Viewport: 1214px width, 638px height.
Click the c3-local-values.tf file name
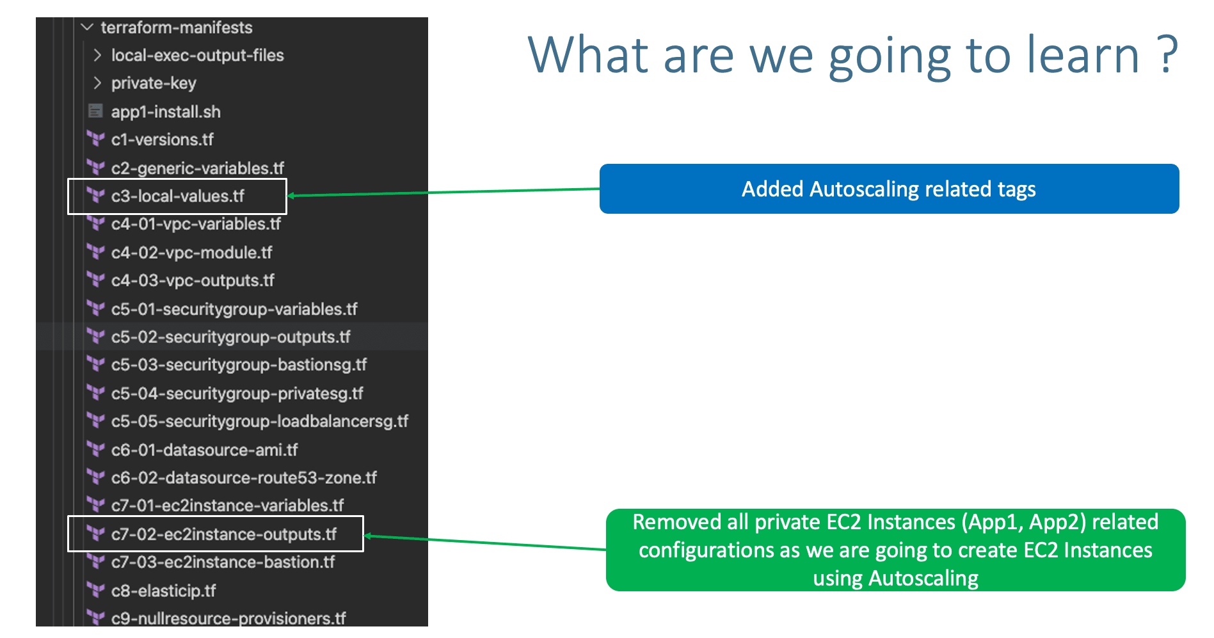click(177, 196)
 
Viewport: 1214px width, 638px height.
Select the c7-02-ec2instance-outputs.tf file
click(223, 534)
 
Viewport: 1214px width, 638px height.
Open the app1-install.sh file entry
click(166, 112)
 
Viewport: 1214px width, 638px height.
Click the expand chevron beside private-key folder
click(97, 83)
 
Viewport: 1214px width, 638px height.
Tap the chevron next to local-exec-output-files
click(97, 56)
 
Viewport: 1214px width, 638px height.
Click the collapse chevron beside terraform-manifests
click(87, 28)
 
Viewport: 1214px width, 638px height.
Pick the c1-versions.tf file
click(162, 140)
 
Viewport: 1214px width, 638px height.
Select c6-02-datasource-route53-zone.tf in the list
click(244, 478)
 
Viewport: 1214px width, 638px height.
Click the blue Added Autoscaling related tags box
click(888, 189)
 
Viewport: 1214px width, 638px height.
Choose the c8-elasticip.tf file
click(163, 591)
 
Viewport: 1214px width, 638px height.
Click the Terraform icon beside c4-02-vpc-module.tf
click(95, 253)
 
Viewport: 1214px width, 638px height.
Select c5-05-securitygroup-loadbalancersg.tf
click(259, 422)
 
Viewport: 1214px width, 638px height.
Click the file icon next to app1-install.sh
click(95, 111)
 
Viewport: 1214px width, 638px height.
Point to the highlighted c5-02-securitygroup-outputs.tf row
click(230, 337)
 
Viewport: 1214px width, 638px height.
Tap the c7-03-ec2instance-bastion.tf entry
click(223, 562)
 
